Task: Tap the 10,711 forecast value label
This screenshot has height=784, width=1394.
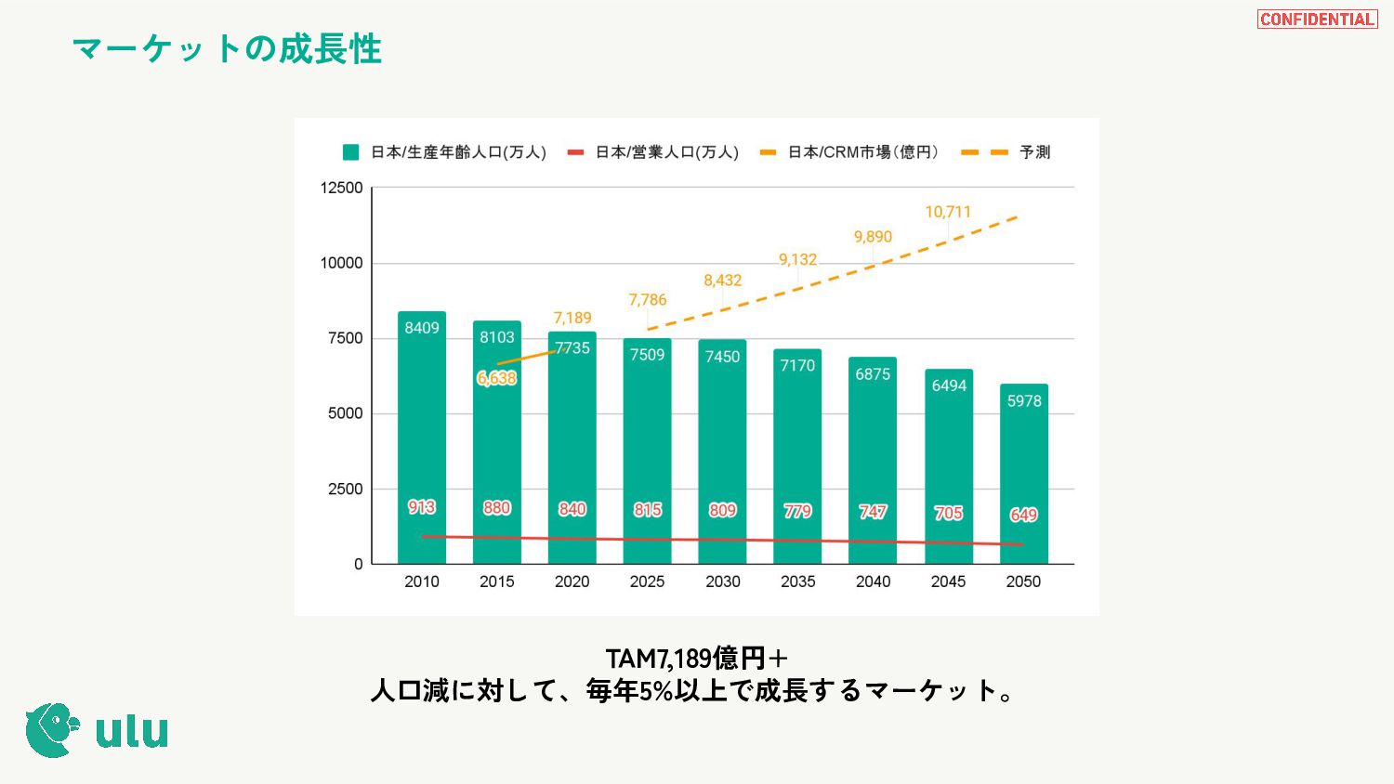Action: pos(948,212)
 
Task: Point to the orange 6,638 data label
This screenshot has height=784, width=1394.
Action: pos(496,378)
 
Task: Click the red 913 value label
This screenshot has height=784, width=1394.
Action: pos(422,507)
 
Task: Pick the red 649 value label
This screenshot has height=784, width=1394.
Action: pos(1023,515)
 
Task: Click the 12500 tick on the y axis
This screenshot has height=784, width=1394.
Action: pos(341,188)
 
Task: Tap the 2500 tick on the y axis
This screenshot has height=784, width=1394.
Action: pos(345,489)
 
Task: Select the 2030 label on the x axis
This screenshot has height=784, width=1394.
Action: pos(722,581)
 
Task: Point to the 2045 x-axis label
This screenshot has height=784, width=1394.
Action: pos(948,581)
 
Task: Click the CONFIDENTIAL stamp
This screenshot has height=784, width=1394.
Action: pos(1317,20)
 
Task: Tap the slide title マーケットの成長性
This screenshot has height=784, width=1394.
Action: pos(227,49)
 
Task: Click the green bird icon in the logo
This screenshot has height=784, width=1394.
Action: pos(51,730)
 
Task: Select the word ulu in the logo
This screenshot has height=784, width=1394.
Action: pos(132,732)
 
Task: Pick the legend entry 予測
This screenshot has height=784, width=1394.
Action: pos(1034,152)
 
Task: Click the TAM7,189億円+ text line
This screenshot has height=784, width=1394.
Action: pos(697,659)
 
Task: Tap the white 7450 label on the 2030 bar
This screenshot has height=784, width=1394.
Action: pos(722,357)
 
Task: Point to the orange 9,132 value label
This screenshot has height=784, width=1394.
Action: pos(797,259)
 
